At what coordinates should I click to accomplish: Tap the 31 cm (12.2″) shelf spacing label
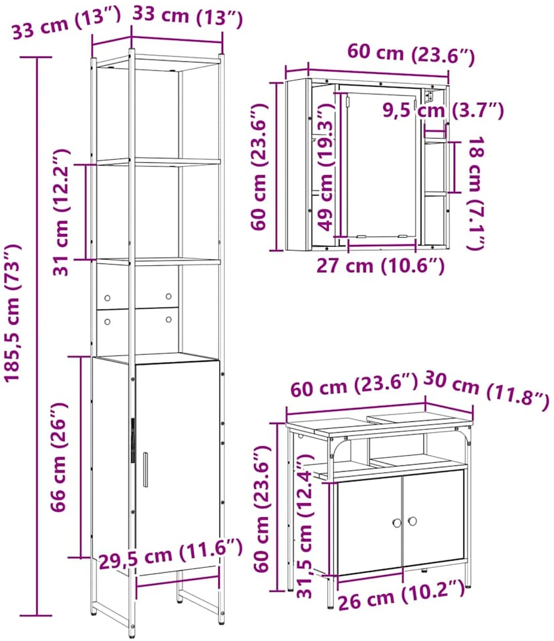[62, 212]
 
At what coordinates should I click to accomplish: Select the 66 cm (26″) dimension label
[58, 456]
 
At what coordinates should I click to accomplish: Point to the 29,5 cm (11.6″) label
[171, 555]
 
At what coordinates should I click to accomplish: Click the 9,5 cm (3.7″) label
[443, 111]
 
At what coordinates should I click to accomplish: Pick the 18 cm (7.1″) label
[475, 193]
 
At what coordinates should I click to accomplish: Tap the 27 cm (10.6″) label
[380, 266]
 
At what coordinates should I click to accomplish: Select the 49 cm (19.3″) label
[326, 167]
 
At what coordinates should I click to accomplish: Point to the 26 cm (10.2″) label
[401, 595]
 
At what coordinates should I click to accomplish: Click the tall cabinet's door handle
[145, 469]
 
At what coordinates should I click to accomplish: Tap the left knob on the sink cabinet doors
[397, 522]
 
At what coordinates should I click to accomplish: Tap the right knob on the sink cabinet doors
[412, 521]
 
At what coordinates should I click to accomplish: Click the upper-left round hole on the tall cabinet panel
[107, 298]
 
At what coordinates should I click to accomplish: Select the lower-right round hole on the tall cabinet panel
[168, 320]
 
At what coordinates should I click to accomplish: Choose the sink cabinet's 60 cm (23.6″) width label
[354, 385]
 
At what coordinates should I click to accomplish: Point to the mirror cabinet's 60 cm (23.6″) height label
[260, 167]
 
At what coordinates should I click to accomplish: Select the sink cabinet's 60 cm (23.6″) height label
[262, 508]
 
